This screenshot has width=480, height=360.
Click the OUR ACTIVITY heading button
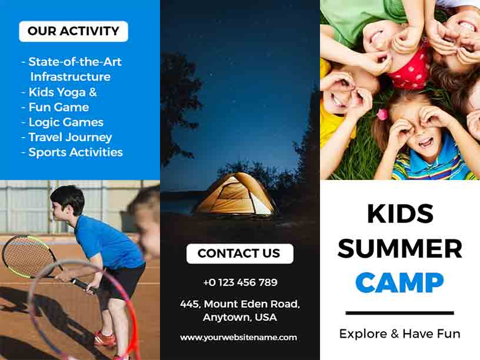74,31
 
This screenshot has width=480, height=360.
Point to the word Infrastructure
70,76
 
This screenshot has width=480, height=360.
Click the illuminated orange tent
235,195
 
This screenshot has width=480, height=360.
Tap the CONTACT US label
239,254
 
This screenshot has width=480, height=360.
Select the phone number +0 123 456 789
240,282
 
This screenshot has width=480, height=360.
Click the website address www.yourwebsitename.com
238,337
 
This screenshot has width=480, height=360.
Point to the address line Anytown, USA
239,318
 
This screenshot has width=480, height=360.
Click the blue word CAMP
399,283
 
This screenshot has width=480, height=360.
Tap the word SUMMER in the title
399,248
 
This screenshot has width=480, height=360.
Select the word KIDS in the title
400,214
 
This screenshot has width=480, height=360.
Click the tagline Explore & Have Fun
399,334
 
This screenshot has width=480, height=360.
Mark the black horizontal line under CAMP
399,313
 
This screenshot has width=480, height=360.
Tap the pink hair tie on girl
382,114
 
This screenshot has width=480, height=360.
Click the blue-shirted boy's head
66,200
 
